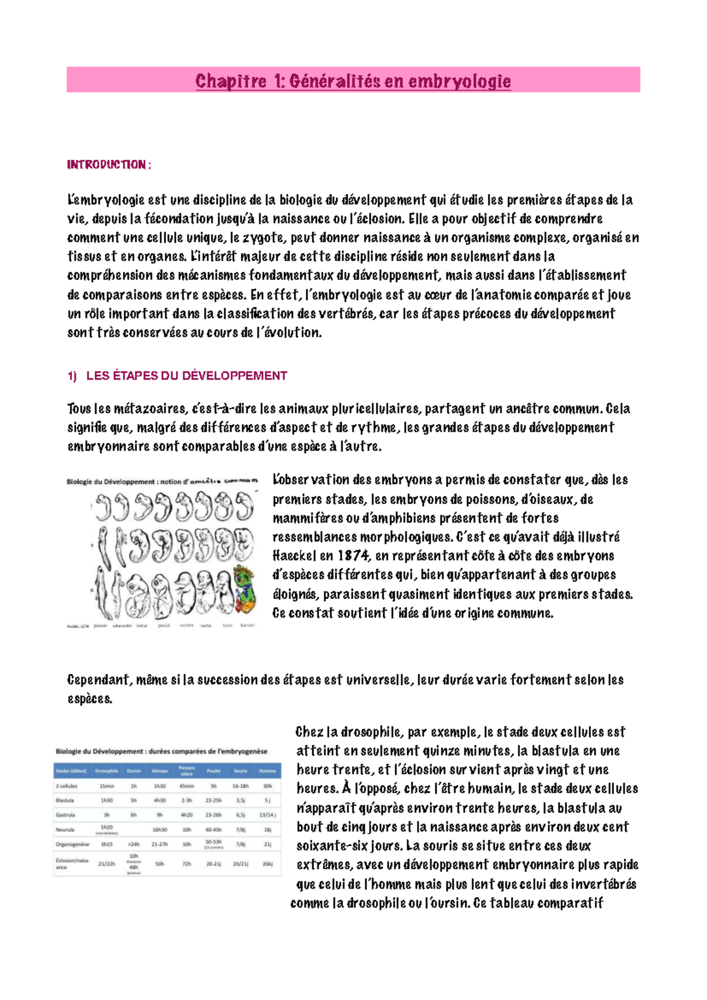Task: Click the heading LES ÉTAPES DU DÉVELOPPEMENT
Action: [x=186, y=376]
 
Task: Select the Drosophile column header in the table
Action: [x=107, y=771]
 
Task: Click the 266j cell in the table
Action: [x=267, y=864]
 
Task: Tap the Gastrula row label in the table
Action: [x=65, y=815]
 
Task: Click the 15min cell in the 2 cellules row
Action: [x=107, y=786]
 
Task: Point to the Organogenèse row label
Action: [x=72, y=844]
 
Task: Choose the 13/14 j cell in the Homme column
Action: [x=267, y=815]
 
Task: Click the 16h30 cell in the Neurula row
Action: [x=160, y=830]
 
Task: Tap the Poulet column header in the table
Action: [x=213, y=771]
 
